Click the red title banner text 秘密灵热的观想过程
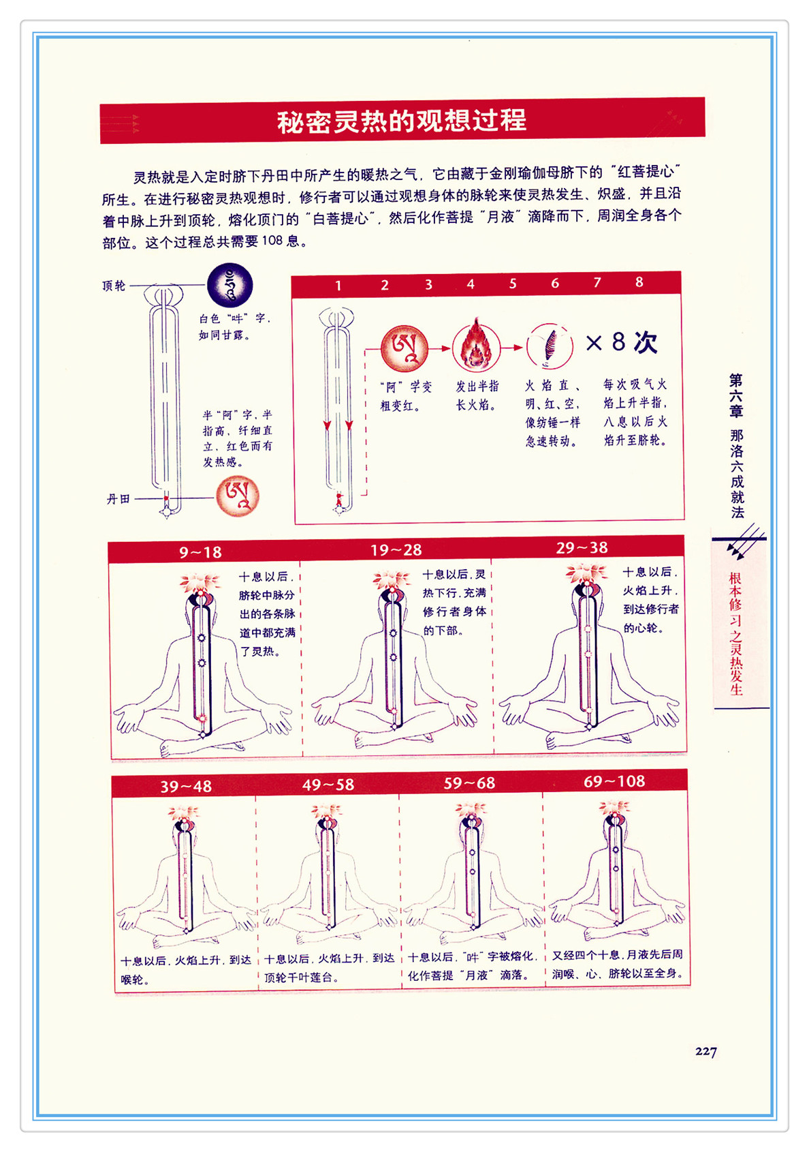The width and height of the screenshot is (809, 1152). coord(402,121)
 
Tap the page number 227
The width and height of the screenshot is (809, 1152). coord(705,1051)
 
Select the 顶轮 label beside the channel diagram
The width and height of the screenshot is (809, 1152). coord(114,286)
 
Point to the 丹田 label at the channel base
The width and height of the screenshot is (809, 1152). coord(118,499)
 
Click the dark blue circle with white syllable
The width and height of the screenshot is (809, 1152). coord(229,286)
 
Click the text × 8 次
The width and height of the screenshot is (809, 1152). coord(621,342)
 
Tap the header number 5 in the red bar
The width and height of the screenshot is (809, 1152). coord(513,284)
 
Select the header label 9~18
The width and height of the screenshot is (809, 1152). coord(200,552)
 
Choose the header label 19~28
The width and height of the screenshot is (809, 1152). coord(396,550)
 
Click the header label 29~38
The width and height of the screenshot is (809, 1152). coord(582,548)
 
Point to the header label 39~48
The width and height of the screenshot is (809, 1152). coord(186,787)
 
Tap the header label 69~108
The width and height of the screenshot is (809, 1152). coord(614,781)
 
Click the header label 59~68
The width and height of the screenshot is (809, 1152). coord(469,783)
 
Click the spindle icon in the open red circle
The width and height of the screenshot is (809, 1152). coord(550,346)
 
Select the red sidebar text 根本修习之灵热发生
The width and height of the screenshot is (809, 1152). coord(736,634)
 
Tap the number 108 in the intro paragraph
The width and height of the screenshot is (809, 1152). coord(272,241)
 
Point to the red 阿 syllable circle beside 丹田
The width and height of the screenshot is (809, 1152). coord(237,496)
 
